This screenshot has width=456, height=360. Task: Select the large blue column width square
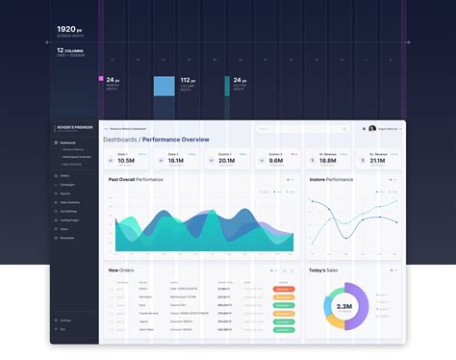(165, 87)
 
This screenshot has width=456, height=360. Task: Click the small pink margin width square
(100, 79)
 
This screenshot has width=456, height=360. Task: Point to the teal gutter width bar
(227, 87)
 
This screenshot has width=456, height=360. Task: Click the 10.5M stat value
(125, 161)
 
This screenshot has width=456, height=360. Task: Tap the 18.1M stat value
(174, 161)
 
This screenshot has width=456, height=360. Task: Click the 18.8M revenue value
(327, 161)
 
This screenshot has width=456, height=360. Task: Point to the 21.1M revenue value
(378, 161)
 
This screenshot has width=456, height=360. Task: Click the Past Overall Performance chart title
(136, 180)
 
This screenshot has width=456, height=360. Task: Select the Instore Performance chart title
(331, 180)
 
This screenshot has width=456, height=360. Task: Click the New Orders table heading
(121, 270)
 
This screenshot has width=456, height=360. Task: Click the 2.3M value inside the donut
(343, 305)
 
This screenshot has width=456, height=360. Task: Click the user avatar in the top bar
(372, 128)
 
